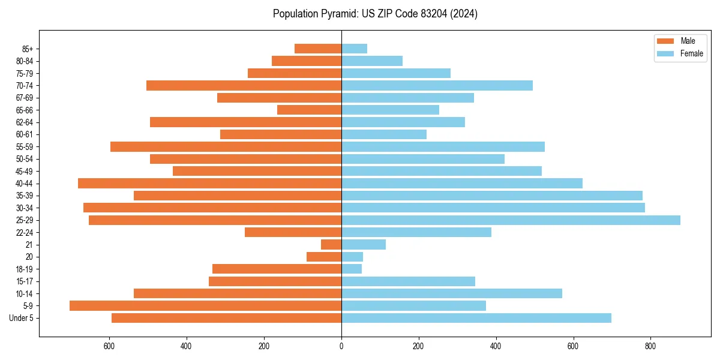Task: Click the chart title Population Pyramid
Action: pos(375,14)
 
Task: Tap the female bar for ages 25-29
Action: pos(511,220)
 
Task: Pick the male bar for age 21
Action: pos(331,245)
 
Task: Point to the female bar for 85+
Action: pos(354,49)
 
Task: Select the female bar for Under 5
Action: pos(476,318)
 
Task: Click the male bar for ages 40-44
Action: pos(209,184)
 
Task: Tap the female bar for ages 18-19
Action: pos(352,269)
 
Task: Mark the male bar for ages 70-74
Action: pos(244,85)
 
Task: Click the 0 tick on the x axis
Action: pos(341,346)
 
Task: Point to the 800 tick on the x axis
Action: pos(650,346)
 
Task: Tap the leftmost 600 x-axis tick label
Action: pos(109,346)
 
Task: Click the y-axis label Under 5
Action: pos(22,318)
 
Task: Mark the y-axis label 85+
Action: pos(28,49)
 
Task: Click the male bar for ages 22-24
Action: pos(293,232)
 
